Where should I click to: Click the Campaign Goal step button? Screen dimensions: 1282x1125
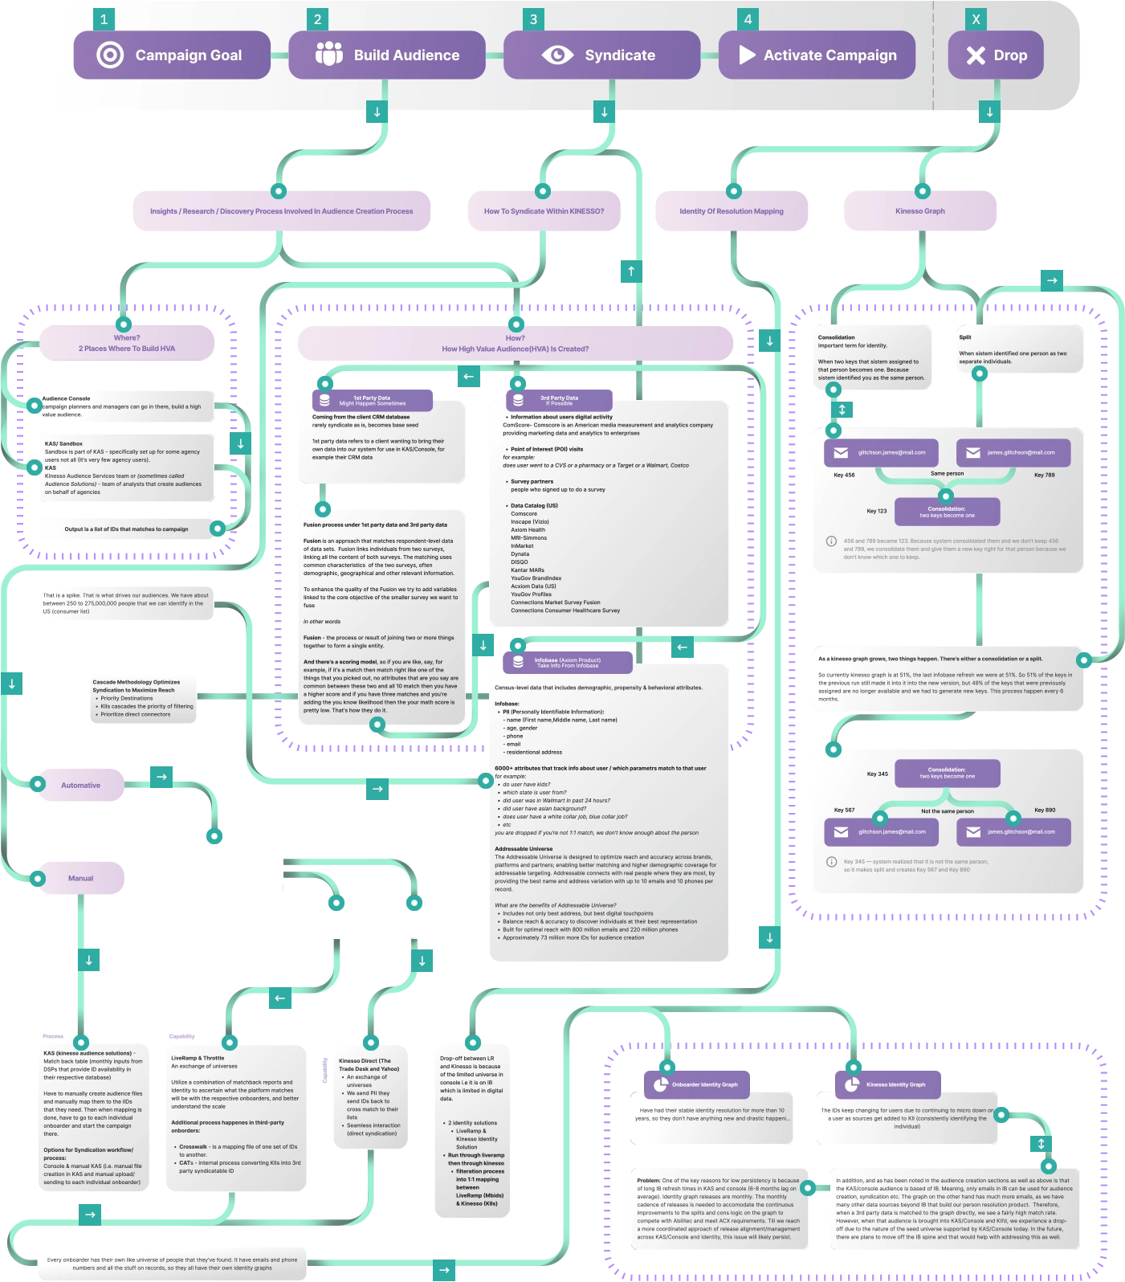[x=172, y=55]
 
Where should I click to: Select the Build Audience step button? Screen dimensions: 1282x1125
[x=387, y=55]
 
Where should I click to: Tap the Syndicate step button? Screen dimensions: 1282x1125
[x=601, y=55]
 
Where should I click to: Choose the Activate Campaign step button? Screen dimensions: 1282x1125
[x=817, y=55]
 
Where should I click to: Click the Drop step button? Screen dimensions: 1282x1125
[x=996, y=55]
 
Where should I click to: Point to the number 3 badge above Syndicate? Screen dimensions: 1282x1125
[x=533, y=20]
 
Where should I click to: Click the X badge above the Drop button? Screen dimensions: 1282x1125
[x=976, y=20]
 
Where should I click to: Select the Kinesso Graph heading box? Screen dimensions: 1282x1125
[x=920, y=211]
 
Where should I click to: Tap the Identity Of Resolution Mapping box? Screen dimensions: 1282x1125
[x=732, y=211]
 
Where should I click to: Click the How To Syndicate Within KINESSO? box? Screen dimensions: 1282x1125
[x=544, y=211]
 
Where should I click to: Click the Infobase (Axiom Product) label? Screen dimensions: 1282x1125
[x=568, y=663]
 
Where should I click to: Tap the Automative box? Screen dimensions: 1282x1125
[x=81, y=786]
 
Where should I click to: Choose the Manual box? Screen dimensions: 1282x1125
[x=81, y=879]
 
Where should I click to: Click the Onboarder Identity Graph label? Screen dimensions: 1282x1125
[x=704, y=1084]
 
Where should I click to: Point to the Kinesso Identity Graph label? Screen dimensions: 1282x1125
[x=895, y=1084]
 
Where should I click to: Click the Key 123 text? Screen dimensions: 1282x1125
[x=877, y=511]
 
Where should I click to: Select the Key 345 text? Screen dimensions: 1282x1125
[x=877, y=774]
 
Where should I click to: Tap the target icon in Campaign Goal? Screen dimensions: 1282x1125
[x=110, y=55]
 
